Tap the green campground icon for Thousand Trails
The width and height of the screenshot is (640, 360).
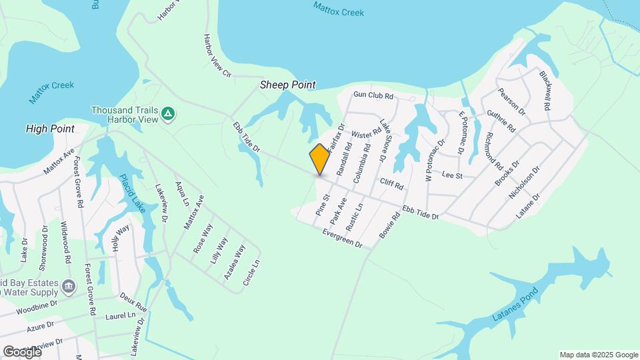pos(169,114)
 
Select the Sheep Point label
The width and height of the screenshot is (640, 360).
pos(287,85)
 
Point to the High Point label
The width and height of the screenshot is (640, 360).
pos(49,128)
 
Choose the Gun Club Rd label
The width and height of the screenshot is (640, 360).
pos(374,96)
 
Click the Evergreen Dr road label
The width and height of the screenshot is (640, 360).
pos(341,238)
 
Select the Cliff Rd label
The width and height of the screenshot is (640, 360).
pos(393,183)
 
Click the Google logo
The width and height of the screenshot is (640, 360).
pos(21,351)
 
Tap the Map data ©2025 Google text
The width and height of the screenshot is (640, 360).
pos(599,355)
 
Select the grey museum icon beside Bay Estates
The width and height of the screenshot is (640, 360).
pos(68,287)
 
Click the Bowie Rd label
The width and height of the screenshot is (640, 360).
pos(389,227)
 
